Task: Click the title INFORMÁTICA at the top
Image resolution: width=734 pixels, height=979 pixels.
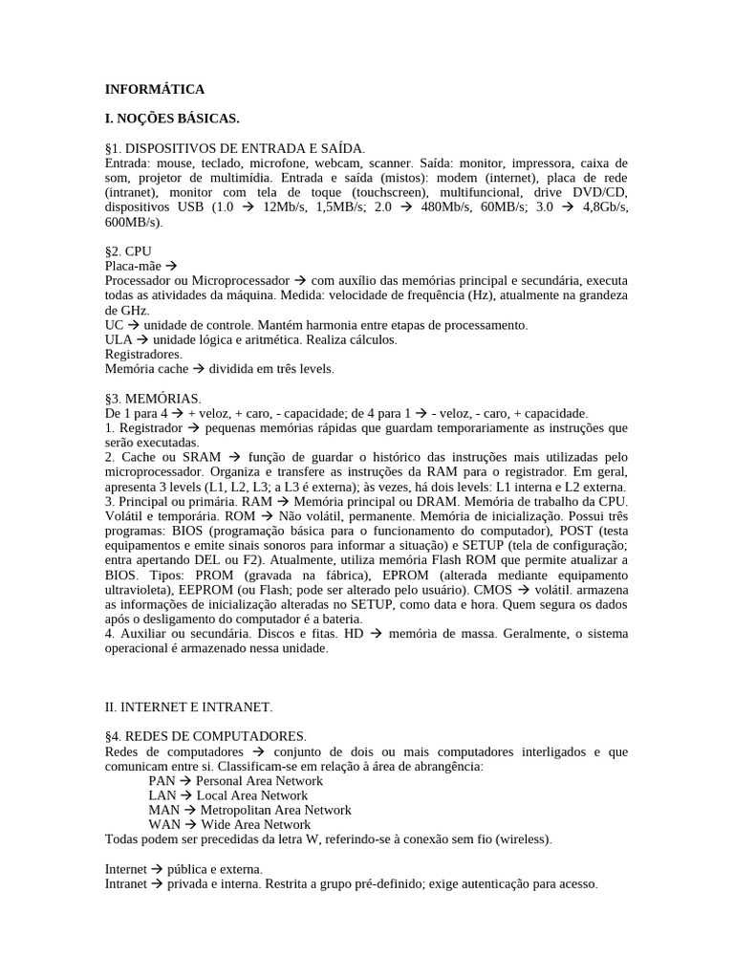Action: pyautogui.click(x=155, y=89)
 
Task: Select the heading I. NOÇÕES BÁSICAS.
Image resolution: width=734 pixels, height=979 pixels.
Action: pyautogui.click(x=172, y=119)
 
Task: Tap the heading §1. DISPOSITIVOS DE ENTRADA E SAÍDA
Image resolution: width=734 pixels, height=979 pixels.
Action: pyautogui.click(x=234, y=148)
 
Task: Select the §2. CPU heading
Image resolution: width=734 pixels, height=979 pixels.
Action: pyautogui.click(x=128, y=250)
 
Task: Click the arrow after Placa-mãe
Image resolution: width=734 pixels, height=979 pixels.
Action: pyautogui.click(x=172, y=266)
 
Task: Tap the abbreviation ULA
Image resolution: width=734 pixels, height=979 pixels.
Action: pyautogui.click(x=118, y=339)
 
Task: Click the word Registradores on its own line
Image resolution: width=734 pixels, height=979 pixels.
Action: pyautogui.click(x=142, y=354)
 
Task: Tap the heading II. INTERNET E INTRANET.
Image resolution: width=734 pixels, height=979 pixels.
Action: pyautogui.click(x=188, y=707)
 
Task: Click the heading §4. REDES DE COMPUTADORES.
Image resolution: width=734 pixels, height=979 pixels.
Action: pyautogui.click(x=205, y=736)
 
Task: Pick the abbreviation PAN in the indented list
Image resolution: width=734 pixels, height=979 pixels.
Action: pyautogui.click(x=162, y=780)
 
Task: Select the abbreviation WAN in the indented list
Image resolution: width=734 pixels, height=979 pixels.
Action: pyautogui.click(x=163, y=824)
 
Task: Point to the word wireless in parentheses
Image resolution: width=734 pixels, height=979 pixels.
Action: pyautogui.click(x=525, y=839)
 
